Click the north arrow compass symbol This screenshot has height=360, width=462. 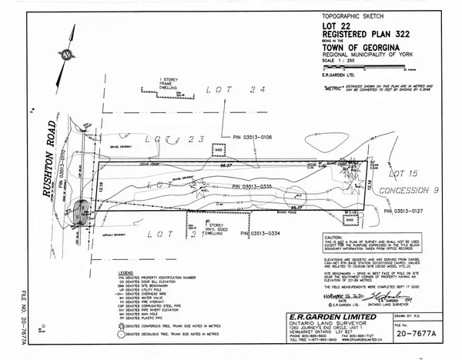pyautogui.click(x=67, y=55)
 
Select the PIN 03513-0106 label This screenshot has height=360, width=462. pyautogui.click(x=259, y=138)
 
